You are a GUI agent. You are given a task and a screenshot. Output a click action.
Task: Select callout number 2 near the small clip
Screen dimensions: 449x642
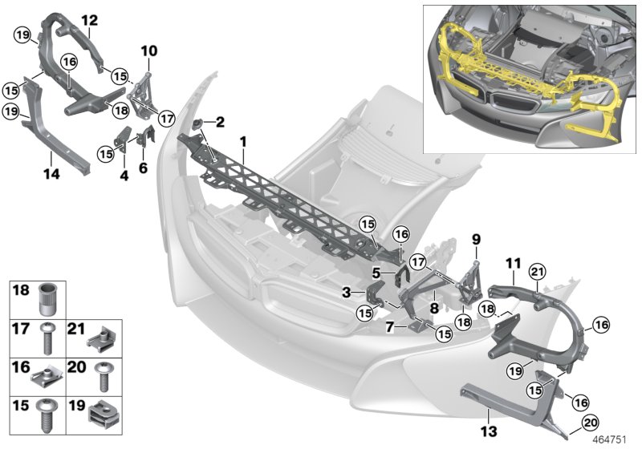[220, 121]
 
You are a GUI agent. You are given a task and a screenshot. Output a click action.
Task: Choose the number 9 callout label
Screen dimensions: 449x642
[475, 238]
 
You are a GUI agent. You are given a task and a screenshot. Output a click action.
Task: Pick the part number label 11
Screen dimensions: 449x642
[514, 262]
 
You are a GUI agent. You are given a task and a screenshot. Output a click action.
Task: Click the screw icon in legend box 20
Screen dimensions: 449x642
[104, 375]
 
